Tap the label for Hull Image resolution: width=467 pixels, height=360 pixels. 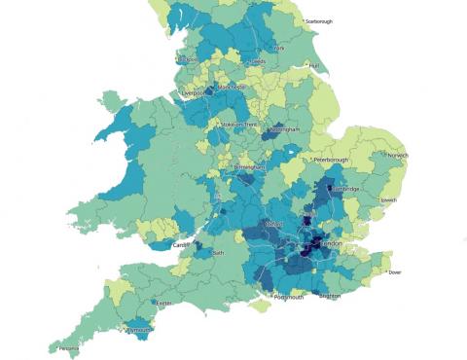(313, 66)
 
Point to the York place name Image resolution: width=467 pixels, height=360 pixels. (280, 48)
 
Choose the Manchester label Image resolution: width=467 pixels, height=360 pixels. (233, 86)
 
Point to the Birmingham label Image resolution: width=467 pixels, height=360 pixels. (250, 167)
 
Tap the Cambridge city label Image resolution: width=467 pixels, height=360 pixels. (348, 189)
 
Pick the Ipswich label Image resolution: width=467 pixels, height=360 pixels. (388, 200)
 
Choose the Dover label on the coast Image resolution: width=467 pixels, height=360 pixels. (394, 273)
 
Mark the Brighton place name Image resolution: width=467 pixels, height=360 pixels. (330, 295)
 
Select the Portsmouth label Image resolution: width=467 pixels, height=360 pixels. (288, 298)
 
